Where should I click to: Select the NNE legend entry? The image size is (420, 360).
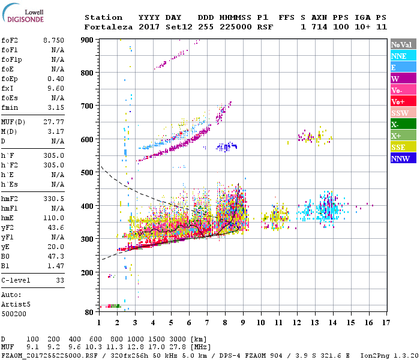click(x=403, y=56)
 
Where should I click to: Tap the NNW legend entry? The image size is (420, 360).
click(x=403, y=158)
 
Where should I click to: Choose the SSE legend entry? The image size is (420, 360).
click(x=403, y=147)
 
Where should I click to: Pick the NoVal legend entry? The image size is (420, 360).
click(x=403, y=44)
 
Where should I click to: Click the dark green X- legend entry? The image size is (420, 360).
click(x=403, y=124)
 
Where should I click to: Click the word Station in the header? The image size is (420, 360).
click(x=103, y=17)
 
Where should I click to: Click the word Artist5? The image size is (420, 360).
click(x=16, y=304)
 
